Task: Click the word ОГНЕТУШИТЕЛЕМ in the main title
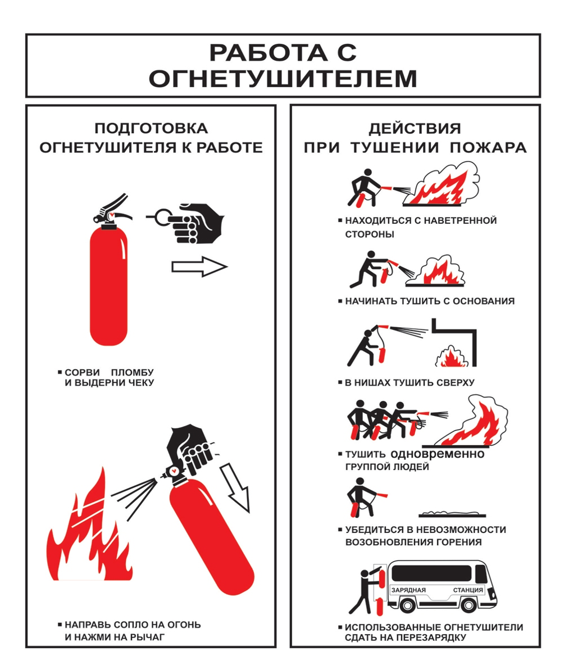[283, 79]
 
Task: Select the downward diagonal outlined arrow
[236, 484]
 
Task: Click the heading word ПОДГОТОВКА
[151, 128]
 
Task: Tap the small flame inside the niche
[449, 358]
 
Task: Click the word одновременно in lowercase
[437, 454]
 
